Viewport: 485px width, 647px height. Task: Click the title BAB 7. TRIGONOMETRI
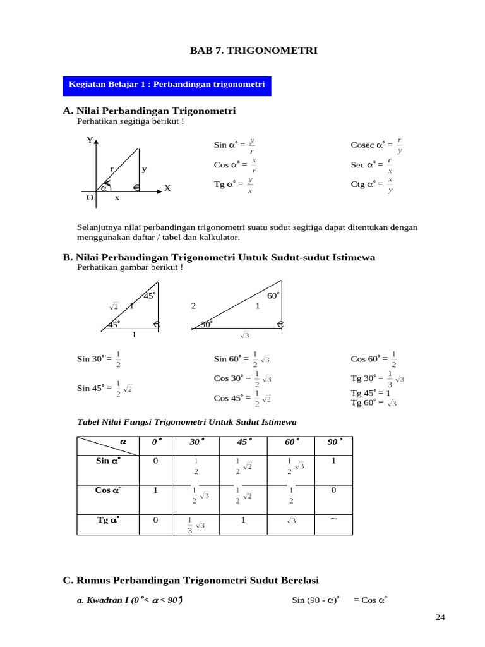click(x=254, y=50)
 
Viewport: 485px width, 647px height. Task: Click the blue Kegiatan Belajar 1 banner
click(x=167, y=84)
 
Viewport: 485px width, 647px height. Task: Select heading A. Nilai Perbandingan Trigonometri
click(x=150, y=111)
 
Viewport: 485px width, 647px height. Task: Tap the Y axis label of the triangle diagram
click(x=90, y=140)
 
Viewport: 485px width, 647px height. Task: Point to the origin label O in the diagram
click(x=90, y=198)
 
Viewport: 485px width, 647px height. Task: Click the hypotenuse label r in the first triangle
click(x=112, y=169)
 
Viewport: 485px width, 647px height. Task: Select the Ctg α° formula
click(x=373, y=184)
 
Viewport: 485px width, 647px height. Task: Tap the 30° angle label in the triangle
click(x=207, y=324)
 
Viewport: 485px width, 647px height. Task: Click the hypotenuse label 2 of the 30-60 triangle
click(x=194, y=306)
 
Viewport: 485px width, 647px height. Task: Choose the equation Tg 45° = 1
click(x=371, y=393)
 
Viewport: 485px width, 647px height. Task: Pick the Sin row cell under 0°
click(x=155, y=461)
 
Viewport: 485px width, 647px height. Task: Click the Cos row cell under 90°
click(x=333, y=490)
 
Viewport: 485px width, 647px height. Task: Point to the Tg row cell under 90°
click(x=333, y=520)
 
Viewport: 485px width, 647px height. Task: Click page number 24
click(x=441, y=617)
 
